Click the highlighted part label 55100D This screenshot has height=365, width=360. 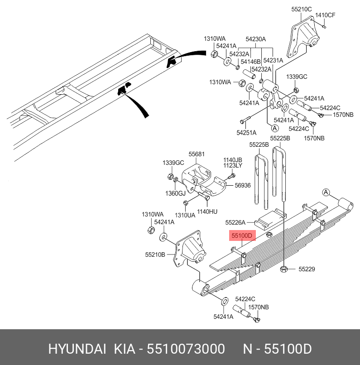coord(243,236)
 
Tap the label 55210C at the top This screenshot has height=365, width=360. coord(301,9)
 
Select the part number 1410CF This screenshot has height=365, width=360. coord(325,15)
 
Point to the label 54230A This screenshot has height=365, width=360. coord(256,39)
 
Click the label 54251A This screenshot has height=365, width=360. coord(246,133)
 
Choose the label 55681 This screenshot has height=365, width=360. coord(196,154)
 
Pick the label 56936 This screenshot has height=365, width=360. coord(242,185)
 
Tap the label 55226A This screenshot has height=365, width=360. coord(235,222)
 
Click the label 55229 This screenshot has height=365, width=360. coord(307,269)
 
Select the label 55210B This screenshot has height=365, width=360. coord(155,255)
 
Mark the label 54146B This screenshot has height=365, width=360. coord(251,62)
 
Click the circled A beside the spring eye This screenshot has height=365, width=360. coord(325,193)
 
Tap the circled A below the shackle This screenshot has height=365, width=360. coord(269,128)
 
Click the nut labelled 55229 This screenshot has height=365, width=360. coord(284,269)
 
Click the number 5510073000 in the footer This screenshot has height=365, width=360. coord(187,349)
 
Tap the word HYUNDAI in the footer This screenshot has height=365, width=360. coord(77,349)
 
